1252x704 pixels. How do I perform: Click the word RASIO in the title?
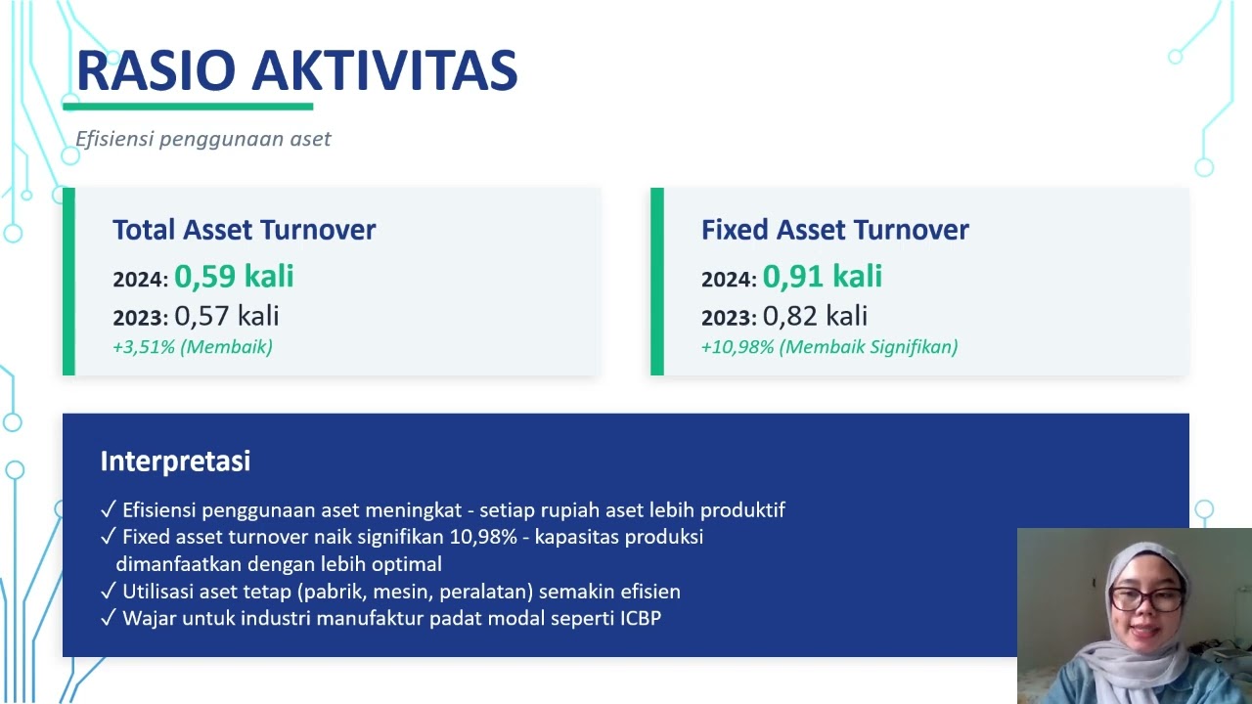point(156,70)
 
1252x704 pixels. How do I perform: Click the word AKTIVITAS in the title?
point(384,70)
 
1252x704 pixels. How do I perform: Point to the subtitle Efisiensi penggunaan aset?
point(202,139)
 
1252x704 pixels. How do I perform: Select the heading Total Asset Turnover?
point(245,230)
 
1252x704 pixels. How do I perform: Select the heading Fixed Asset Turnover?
point(835,230)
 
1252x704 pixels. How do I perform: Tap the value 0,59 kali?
point(234,276)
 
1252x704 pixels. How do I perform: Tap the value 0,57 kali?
point(227,316)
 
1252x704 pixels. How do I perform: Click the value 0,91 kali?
point(823,276)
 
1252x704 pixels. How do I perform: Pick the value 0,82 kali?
point(816,316)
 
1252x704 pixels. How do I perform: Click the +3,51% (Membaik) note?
point(193,347)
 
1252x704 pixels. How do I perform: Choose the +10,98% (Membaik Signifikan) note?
point(829,347)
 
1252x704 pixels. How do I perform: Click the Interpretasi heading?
point(175,462)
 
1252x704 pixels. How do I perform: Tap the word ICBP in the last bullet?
point(641,618)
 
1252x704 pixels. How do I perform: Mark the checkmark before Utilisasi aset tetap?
point(109,591)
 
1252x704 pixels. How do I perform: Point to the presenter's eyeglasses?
point(1145,598)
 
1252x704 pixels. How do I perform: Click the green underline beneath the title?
point(188,107)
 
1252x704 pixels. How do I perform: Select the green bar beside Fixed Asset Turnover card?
point(657,282)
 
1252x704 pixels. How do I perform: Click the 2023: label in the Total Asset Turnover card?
point(140,318)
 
